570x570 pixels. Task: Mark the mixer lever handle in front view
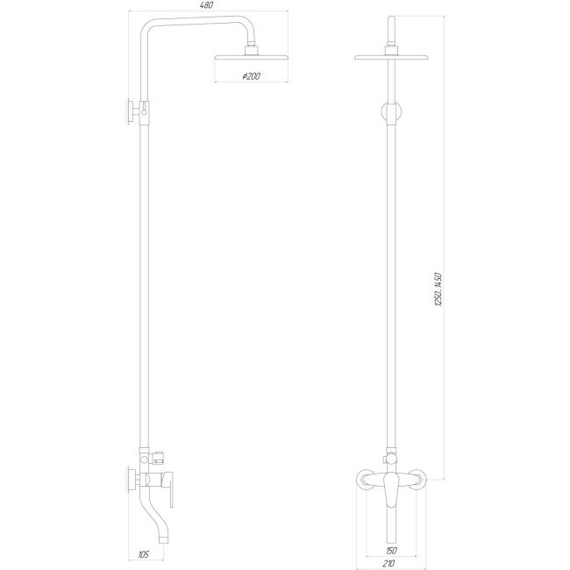click(392, 494)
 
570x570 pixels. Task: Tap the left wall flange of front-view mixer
click(361, 480)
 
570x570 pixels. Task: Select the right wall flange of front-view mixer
click(422, 480)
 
